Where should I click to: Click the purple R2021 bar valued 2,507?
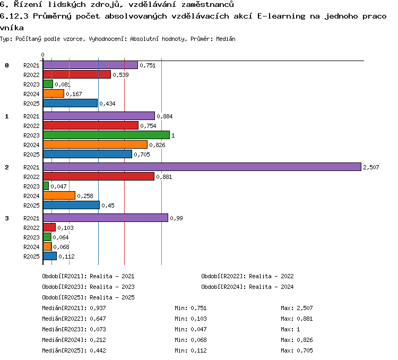202,167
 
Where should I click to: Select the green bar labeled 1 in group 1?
106,135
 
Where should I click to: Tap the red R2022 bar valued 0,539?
77,74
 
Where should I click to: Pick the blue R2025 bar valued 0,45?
71,205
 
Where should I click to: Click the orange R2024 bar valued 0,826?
95,144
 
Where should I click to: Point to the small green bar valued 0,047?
46,186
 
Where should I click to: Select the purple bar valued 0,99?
106,218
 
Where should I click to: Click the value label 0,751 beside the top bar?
148,65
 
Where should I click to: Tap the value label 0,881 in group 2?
164,177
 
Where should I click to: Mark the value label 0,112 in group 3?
66,256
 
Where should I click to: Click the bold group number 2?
7,167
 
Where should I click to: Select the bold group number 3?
7,218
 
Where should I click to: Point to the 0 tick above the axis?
42,55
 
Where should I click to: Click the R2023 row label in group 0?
31,84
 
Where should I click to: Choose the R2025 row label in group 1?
31,155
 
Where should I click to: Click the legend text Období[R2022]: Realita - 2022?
247,276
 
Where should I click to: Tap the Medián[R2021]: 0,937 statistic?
74,308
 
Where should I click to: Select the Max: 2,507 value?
297,308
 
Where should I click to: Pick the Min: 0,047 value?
191,329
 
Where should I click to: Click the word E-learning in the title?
281,16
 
